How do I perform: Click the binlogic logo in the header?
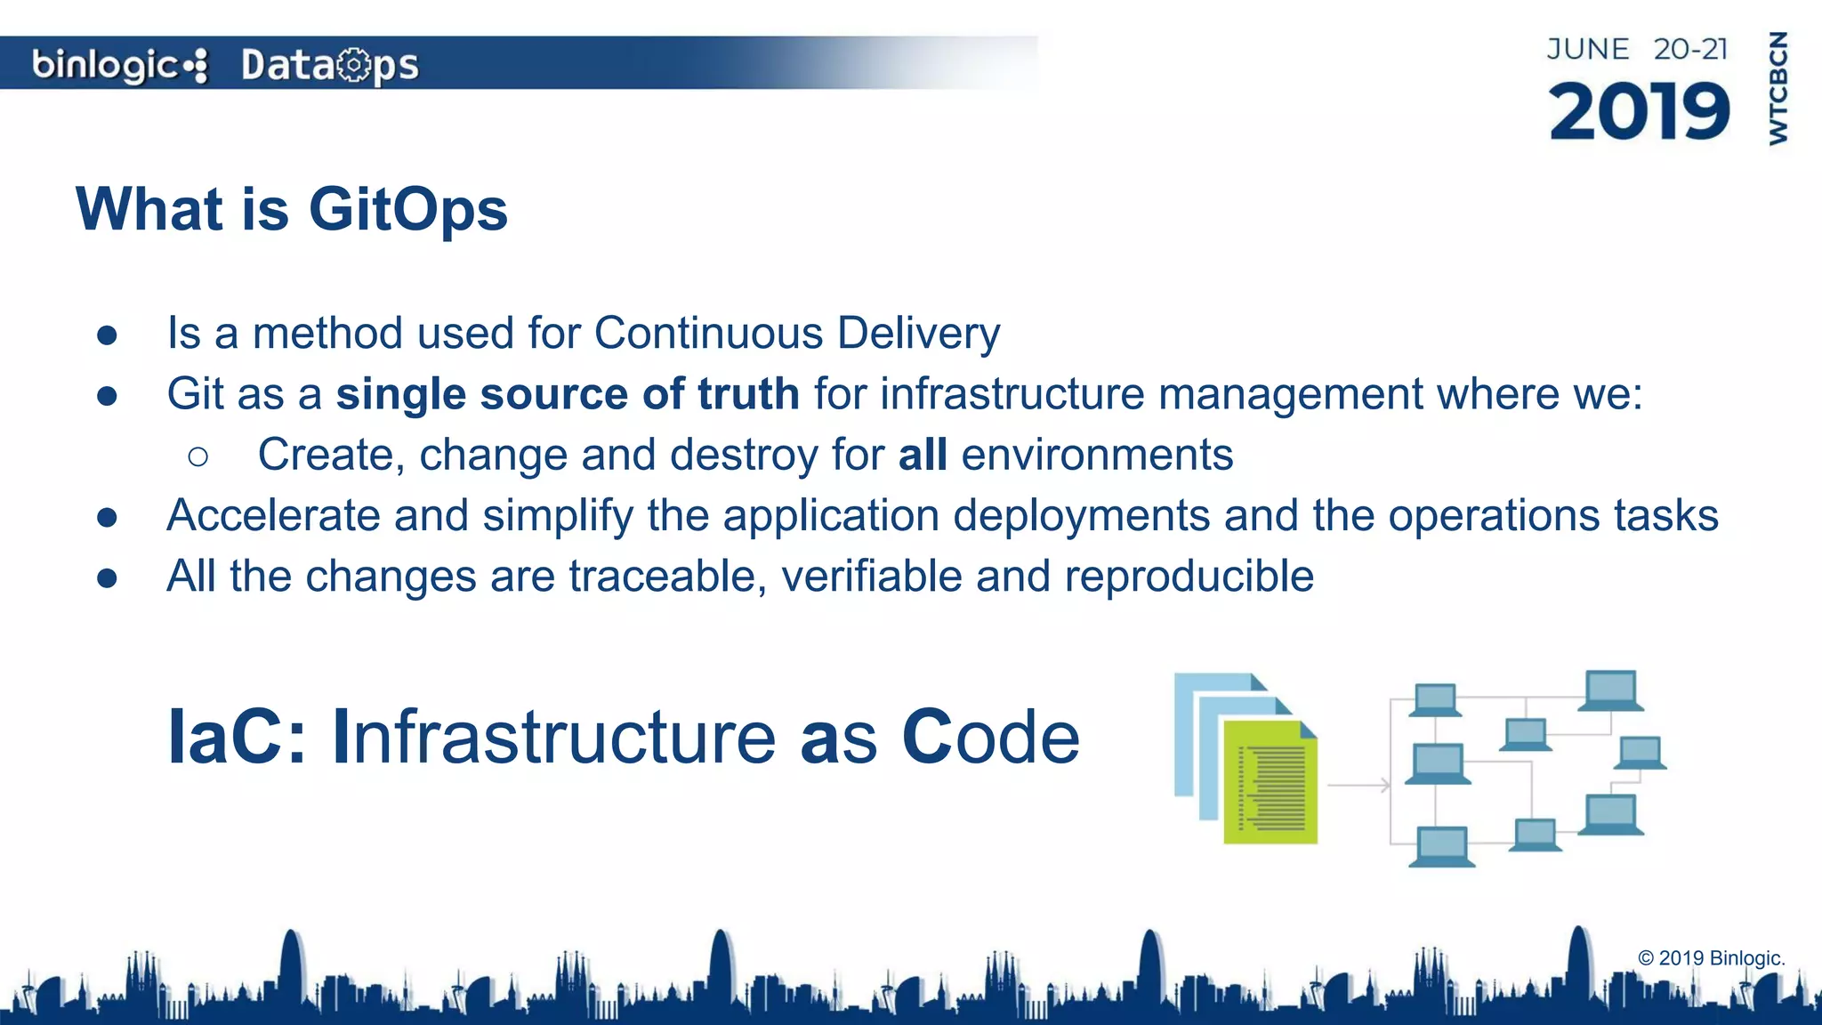pos(119,65)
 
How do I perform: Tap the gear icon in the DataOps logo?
pos(354,65)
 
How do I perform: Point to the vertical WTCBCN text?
pos(1778,88)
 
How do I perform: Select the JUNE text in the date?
pos(1588,49)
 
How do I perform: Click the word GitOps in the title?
pos(407,210)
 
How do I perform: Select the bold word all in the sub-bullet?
pos(923,455)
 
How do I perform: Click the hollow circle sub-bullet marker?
pos(198,457)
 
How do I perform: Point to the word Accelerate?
pos(273,516)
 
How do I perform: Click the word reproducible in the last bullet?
pos(1189,577)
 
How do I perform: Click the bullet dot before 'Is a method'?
pos(108,335)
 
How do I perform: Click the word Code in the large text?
pos(990,737)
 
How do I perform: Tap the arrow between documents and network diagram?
pos(1358,785)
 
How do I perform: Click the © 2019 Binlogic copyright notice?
pos(1710,958)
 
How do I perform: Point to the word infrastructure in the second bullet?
pos(1012,394)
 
